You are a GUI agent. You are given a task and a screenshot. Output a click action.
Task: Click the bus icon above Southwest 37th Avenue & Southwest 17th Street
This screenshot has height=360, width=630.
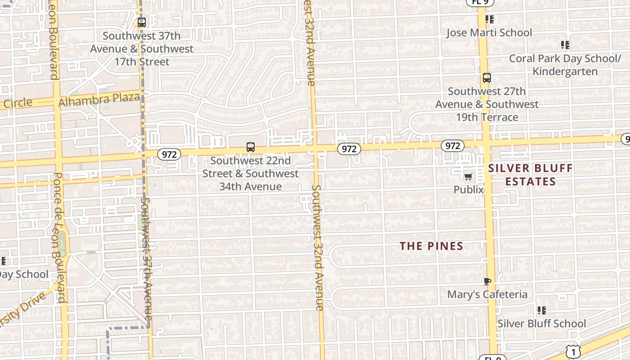tap(142, 22)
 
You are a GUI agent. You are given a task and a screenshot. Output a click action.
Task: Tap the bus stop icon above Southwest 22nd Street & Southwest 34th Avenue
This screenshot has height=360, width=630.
tap(251, 147)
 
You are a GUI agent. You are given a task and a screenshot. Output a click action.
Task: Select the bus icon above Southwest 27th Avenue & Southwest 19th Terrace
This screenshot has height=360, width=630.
tap(486, 77)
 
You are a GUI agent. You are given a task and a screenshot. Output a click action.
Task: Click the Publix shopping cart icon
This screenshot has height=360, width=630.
tap(468, 176)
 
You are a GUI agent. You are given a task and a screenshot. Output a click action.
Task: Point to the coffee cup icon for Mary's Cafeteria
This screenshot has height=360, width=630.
tap(487, 281)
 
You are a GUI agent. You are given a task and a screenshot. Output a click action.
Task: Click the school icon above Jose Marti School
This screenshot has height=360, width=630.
tap(490, 19)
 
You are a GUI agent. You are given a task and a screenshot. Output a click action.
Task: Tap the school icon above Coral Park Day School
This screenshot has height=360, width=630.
tap(565, 45)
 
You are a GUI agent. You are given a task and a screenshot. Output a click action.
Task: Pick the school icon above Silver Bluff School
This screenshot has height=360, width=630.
tap(542, 310)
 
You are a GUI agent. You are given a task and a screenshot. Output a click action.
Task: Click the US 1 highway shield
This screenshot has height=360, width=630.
tap(572, 351)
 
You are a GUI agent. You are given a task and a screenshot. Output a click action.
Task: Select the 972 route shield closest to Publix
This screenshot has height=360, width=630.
tap(452, 146)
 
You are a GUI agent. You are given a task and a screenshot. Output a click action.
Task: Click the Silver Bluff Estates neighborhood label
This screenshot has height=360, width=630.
tap(531, 175)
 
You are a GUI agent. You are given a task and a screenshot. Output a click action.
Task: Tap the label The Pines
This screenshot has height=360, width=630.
tap(432, 246)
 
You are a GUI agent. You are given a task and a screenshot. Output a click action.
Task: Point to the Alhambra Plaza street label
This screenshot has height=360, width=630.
tap(99, 99)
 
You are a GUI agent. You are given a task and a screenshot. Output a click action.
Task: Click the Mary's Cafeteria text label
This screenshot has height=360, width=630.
tap(487, 294)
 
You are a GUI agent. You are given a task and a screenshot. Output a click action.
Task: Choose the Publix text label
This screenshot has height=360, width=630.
tap(468, 189)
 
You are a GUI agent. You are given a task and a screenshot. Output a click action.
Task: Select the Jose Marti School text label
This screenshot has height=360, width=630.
tap(489, 32)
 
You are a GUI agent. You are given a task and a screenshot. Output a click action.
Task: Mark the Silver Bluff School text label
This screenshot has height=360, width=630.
tap(542, 323)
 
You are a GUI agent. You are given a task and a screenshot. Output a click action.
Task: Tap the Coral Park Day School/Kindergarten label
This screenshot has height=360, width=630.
tap(565, 65)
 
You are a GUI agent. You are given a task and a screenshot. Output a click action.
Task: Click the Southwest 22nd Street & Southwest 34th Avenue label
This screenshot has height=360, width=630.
tap(250, 173)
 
